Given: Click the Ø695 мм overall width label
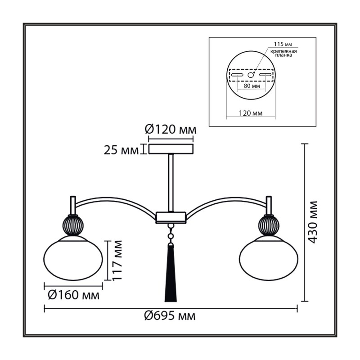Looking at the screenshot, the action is [x=170, y=316].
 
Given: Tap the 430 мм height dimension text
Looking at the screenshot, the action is [x=312, y=222].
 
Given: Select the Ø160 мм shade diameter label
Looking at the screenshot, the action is [x=74, y=295].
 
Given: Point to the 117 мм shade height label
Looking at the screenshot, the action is [x=117, y=260].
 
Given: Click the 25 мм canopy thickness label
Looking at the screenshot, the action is [x=121, y=150].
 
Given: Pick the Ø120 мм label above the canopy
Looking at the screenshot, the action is [x=171, y=130].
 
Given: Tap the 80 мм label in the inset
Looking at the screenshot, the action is [x=252, y=86].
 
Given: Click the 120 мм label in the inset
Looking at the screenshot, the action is [x=251, y=113].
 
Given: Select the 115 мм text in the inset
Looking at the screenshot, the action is [x=283, y=44].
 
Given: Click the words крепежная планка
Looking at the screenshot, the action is [x=283, y=53].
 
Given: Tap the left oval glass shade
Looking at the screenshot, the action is [x=73, y=259].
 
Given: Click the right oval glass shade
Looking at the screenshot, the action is [x=269, y=259].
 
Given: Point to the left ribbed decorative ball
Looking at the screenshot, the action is [x=73, y=225].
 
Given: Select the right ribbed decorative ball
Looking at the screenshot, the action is [x=269, y=225].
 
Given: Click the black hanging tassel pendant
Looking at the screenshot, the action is [x=171, y=273].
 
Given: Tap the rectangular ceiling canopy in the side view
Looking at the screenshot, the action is [x=171, y=149].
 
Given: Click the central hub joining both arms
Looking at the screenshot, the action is [x=171, y=217].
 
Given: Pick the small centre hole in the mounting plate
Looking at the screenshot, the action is [x=251, y=75].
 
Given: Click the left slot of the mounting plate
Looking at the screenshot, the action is [x=237, y=75].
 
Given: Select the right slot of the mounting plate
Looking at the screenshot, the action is [x=265, y=75].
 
